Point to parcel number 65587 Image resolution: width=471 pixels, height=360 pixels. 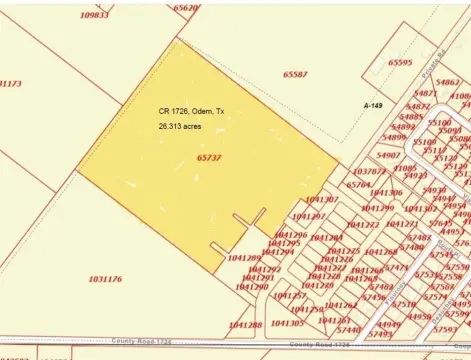click(295, 74)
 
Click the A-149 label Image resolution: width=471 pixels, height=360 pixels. click(374, 105)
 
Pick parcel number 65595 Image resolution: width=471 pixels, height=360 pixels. click(399, 62)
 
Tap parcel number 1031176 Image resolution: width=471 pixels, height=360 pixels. click(105, 279)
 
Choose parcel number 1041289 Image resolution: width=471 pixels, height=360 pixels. click(245, 258)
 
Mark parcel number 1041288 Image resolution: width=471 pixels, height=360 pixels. click(245, 324)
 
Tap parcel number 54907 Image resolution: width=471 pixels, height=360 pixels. click(388, 156)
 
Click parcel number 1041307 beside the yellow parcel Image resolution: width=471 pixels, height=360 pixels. click(322, 200)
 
